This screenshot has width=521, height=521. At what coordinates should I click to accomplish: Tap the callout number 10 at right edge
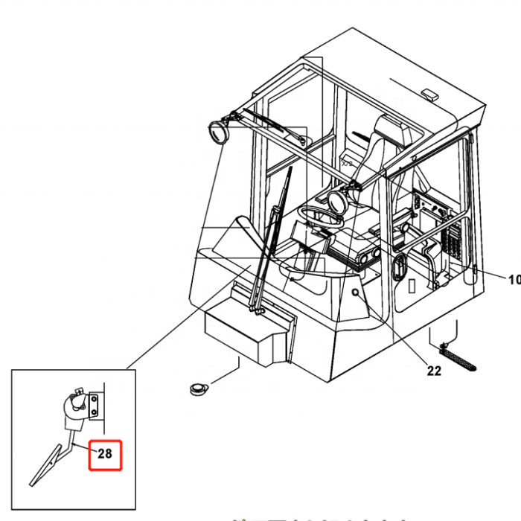coord(514,280)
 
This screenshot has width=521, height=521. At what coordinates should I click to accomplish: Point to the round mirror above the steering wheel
coord(335,201)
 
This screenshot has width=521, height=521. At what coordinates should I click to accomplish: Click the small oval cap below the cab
coord(199,387)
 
